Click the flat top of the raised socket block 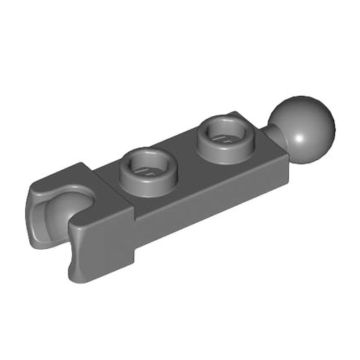(107, 200)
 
